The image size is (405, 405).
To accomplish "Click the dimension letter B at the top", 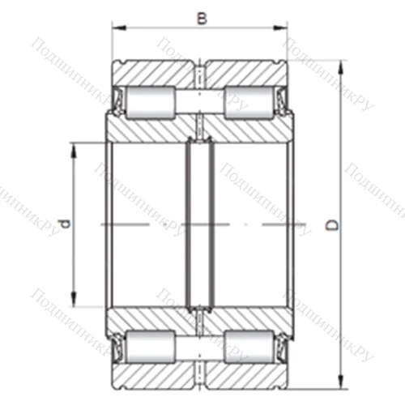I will coord(201,16).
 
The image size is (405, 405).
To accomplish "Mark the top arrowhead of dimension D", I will coord(341,62).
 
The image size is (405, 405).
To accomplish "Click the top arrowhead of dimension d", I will coord(75,147).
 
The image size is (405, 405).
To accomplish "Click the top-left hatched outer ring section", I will coord(154,72).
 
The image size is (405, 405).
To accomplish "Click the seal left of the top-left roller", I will coord(117,100).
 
